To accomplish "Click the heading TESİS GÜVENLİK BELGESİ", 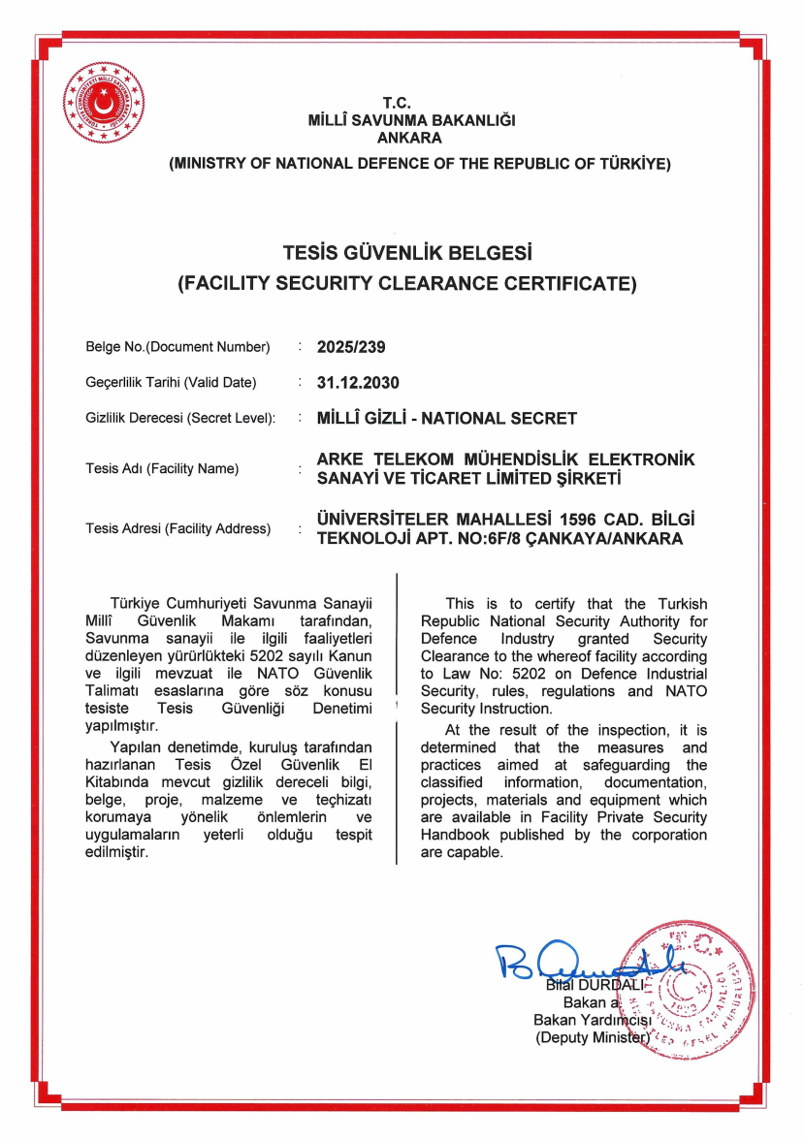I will click(408, 254).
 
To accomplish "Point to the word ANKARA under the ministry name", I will click(409, 138).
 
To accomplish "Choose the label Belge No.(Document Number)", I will click(177, 347).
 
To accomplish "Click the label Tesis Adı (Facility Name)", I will click(162, 469).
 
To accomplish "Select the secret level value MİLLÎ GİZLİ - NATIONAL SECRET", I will click(447, 418).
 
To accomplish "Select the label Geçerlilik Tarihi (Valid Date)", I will click(171, 383).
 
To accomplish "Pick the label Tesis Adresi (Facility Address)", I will click(177, 529).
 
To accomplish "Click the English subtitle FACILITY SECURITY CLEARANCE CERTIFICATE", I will click(407, 284).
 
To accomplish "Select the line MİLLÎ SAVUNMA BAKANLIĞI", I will click(410, 121).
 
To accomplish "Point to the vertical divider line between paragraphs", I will click(397, 717).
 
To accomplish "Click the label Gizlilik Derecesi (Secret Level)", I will click(180, 419).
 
